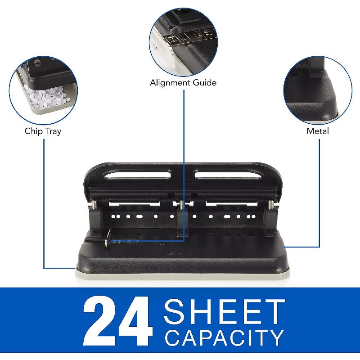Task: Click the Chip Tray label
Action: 43,131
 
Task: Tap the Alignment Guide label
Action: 183,83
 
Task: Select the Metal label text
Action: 318,131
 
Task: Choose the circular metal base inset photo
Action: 318,90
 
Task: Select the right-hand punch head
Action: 270,216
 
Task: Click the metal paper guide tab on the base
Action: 108,238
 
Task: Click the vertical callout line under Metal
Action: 319,189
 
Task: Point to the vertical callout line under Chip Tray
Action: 44,202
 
